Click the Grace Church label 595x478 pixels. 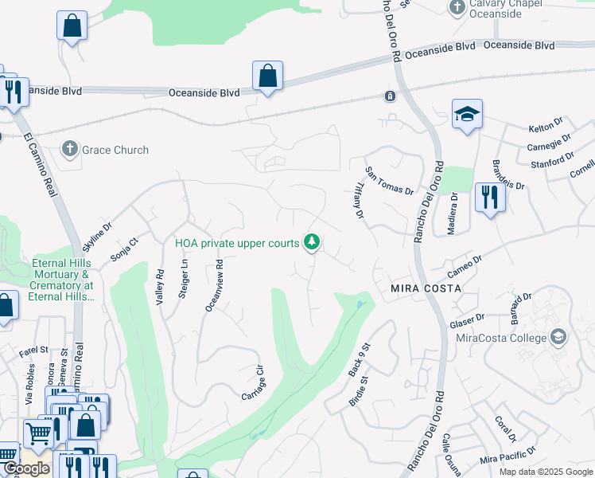click(114, 150)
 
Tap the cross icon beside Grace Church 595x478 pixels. click(70, 149)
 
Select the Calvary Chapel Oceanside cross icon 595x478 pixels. click(457, 8)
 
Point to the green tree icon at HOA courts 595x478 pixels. click(313, 241)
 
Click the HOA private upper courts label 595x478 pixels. click(237, 242)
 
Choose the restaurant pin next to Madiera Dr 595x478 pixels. click(490, 197)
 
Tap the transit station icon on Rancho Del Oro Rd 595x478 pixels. click(390, 96)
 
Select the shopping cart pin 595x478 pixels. click(38, 434)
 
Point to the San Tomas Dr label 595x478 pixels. click(389, 181)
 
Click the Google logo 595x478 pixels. click(26, 468)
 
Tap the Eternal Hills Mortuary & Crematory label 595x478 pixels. click(63, 280)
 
